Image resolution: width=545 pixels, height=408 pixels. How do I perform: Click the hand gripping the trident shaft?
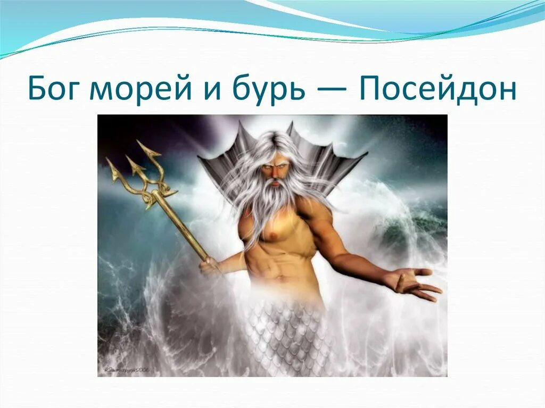pos(209,264)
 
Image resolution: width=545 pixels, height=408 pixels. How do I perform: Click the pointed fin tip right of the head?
pos(365,154)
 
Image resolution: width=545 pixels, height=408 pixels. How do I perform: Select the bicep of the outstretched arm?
pos(327,223)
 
